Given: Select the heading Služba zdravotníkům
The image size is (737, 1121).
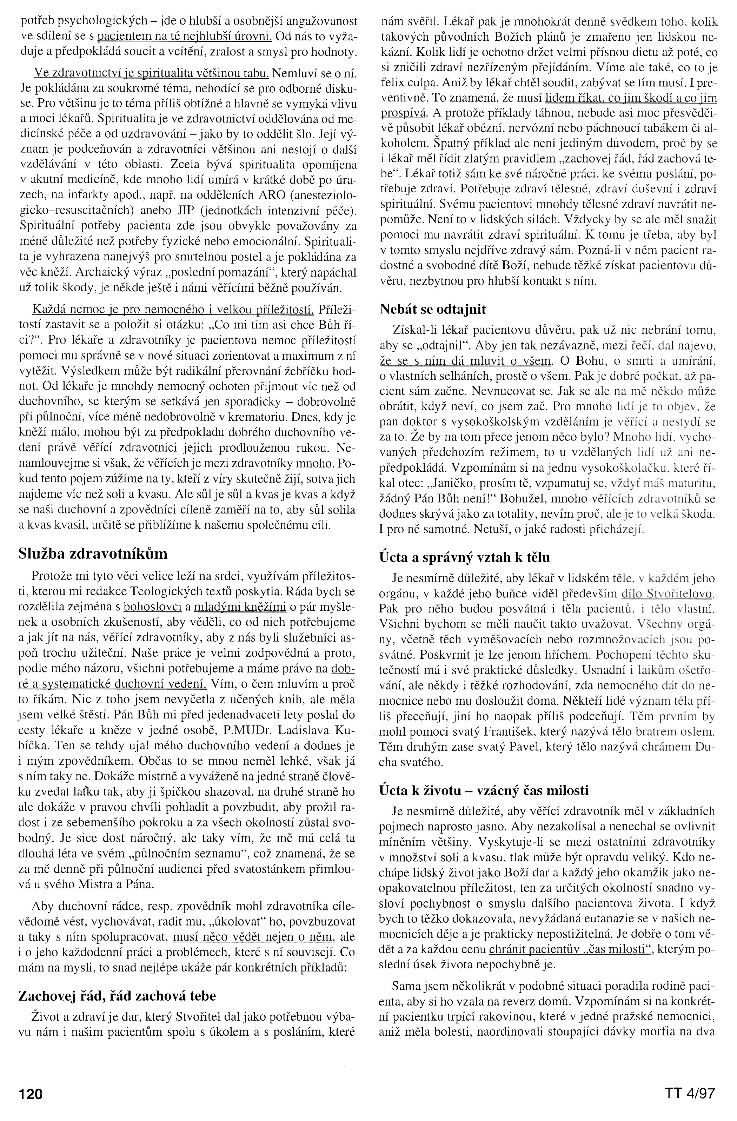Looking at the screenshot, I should pyautogui.click(x=93, y=554).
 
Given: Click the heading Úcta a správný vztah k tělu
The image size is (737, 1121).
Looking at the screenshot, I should pyautogui.click(x=464, y=557).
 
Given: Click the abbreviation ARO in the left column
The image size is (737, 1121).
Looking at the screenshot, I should pyautogui.click(x=254, y=194).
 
